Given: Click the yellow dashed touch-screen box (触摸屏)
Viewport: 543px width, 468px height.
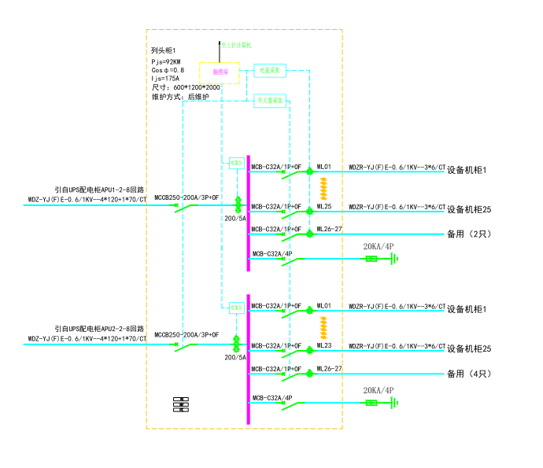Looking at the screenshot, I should click(220, 72).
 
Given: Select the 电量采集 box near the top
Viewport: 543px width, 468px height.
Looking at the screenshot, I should click(270, 71).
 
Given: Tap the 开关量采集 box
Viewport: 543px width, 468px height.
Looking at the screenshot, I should click(271, 101).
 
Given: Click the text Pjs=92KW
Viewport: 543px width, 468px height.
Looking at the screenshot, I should click(166, 61).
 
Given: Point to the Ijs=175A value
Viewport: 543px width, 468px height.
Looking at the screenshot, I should click(165, 79).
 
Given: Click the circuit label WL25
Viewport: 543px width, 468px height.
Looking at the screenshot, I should click(324, 206).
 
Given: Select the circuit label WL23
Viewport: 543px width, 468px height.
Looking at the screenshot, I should click(324, 345).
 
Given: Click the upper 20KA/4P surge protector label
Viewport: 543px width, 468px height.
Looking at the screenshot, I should click(378, 246).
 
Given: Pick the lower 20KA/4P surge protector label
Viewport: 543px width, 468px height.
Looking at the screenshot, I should click(378, 390).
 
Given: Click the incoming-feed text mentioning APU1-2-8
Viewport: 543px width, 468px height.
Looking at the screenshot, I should click(99, 190).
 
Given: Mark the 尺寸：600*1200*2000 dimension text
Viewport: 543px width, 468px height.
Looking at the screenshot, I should click(186, 87).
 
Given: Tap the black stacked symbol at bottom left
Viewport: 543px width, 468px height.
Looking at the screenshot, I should click(180, 404).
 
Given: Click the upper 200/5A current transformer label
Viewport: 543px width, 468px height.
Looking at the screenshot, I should click(235, 218).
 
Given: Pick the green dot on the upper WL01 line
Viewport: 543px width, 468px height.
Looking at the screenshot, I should click(309, 172).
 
